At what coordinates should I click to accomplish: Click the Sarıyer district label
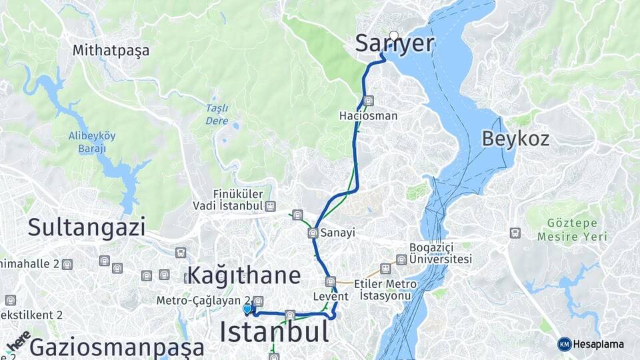pos(394,44)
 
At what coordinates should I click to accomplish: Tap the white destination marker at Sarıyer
pos(394,35)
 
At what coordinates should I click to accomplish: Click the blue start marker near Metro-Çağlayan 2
pos(247,309)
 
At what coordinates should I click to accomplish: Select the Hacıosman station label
pos(368,116)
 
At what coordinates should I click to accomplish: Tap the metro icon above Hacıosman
pos(369,101)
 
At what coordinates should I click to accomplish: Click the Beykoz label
pos(515,139)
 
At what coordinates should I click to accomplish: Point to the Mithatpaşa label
pos(111,50)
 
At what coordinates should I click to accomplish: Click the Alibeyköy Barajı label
pos(92,142)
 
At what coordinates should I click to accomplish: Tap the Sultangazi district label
pos(87,227)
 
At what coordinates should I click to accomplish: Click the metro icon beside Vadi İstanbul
pos(270,206)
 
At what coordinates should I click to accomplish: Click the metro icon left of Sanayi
pos(313,233)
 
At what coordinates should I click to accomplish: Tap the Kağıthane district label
pos(244,275)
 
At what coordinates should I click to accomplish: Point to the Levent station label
pos(330,296)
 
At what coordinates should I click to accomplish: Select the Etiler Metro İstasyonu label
pos(385,289)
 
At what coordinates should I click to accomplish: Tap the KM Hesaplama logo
pos(591,344)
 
